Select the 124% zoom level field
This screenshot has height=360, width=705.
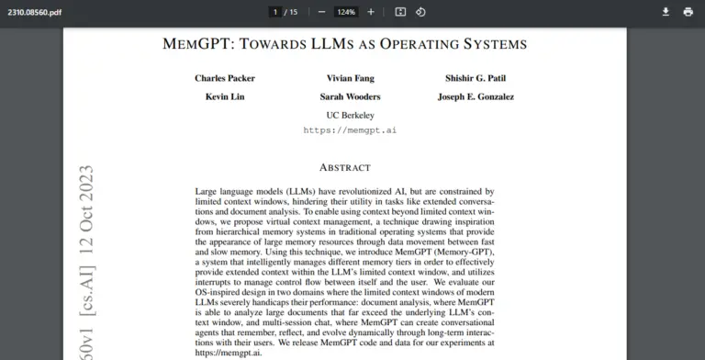pos(346,12)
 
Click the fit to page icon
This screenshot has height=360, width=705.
pos(400,12)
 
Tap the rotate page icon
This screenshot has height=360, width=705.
pos(420,12)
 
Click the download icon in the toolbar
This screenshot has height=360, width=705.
pos(666,12)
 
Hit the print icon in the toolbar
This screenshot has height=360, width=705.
pos(688,12)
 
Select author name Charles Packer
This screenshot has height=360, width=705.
pos(224,78)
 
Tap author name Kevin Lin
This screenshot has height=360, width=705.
pos(224,96)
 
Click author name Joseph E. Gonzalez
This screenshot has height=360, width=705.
pos(476,96)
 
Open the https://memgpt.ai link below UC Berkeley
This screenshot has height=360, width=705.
pos(350,130)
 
